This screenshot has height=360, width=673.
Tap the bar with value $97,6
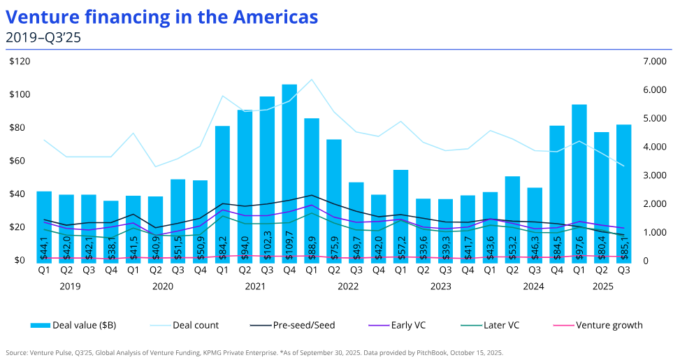[x=579, y=182]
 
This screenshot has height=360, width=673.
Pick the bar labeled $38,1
[x=111, y=231]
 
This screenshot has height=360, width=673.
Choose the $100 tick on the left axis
[x=20, y=94]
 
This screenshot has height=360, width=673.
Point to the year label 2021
[x=256, y=286]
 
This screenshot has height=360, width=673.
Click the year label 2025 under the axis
[x=601, y=286]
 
